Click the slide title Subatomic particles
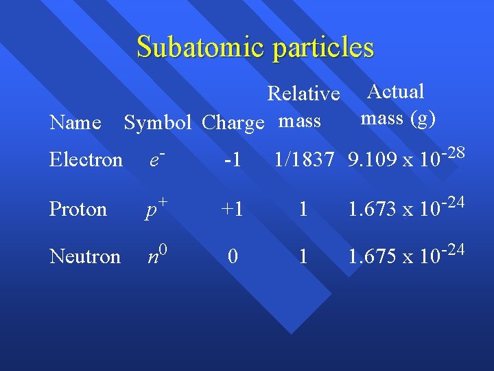(x=255, y=47)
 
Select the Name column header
(x=75, y=123)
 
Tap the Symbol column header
(x=157, y=123)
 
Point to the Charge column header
(x=233, y=123)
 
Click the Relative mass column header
(x=303, y=107)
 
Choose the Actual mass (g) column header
(x=398, y=104)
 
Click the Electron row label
(x=86, y=160)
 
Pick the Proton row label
(x=78, y=209)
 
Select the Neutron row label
(x=85, y=256)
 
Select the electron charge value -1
(x=233, y=161)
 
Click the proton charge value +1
(x=232, y=209)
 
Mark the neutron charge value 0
(x=233, y=256)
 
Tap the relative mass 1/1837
(x=303, y=161)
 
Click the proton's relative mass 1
(x=302, y=209)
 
